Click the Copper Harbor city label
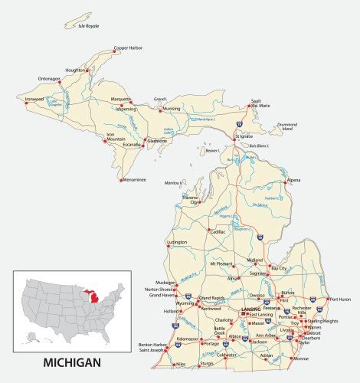point(128,48)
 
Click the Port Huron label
point(340,300)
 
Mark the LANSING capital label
point(250,309)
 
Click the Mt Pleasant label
point(224,264)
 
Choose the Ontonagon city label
point(50,79)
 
